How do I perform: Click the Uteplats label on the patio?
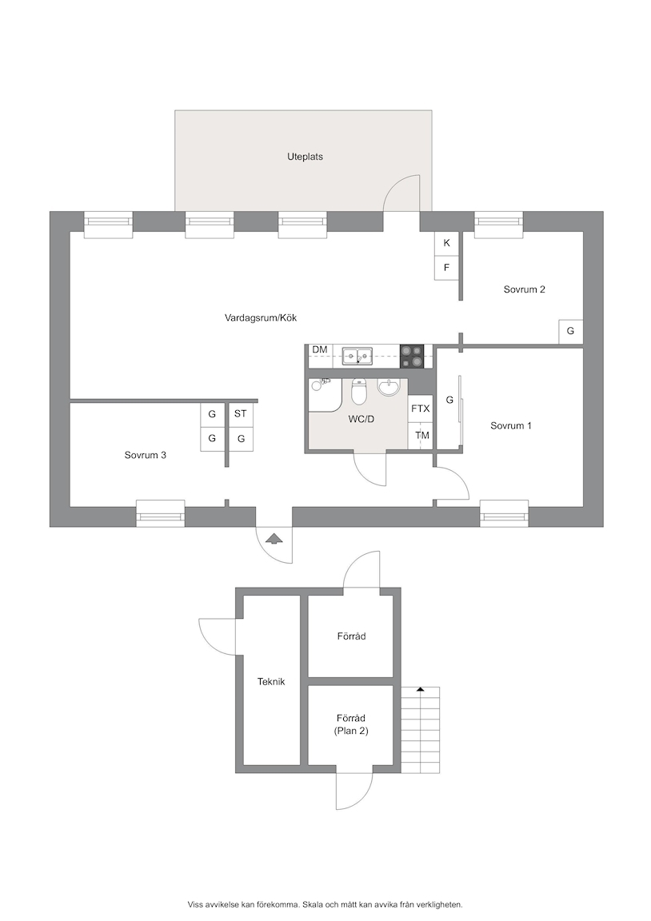pyautogui.click(x=305, y=157)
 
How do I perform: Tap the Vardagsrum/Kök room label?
pyautogui.click(x=261, y=317)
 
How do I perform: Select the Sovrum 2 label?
pyautogui.click(x=524, y=289)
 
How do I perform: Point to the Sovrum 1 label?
pyautogui.click(x=510, y=425)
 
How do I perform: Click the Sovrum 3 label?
pyautogui.click(x=145, y=455)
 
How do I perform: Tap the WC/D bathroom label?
pyautogui.click(x=361, y=420)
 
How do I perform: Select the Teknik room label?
pyautogui.click(x=271, y=681)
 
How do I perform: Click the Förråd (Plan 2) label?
pyautogui.click(x=351, y=724)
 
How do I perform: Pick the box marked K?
pyautogui.click(x=446, y=243)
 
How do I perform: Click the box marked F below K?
pyautogui.click(x=446, y=268)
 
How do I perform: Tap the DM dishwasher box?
pyautogui.click(x=320, y=351)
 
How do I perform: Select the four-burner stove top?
pyautogui.click(x=411, y=357)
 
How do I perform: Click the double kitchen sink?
pyautogui.click(x=357, y=355)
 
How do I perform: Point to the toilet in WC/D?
pyautogui.click(x=358, y=392)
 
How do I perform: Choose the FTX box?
pyautogui.click(x=420, y=409)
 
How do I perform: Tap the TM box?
pyautogui.click(x=421, y=436)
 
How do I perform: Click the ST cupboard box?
pyautogui.click(x=240, y=414)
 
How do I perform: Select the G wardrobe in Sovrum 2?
pyautogui.click(x=570, y=331)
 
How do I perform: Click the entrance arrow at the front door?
pyautogui.click(x=274, y=539)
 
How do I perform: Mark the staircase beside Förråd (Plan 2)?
pyautogui.click(x=420, y=730)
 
